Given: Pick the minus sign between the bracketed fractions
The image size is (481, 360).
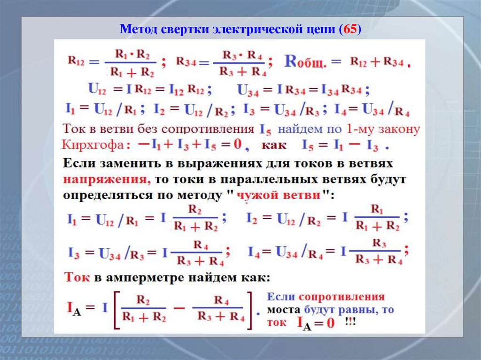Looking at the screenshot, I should pyautogui.click(x=178, y=308).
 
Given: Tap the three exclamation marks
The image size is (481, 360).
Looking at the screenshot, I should pyautogui.click(x=349, y=322).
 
